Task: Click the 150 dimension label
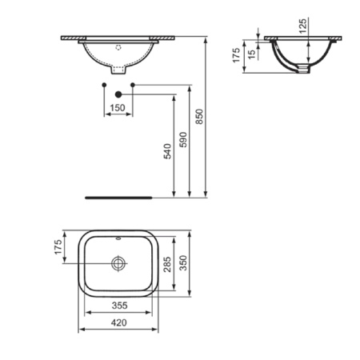pyautogui.click(x=118, y=107)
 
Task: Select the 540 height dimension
pyautogui.click(x=168, y=151)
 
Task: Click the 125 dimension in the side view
pyautogui.click(x=303, y=26)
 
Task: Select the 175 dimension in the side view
pyautogui.click(x=237, y=58)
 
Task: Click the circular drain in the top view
pyautogui.click(x=118, y=262)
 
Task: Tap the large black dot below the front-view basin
pyautogui.click(x=118, y=94)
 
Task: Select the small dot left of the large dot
pyautogui.click(x=105, y=84)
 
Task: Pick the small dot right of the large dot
pyautogui.click(x=132, y=84)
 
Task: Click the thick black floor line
pyautogui.click(x=118, y=194)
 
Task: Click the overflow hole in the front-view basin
pyautogui.click(x=118, y=47)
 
